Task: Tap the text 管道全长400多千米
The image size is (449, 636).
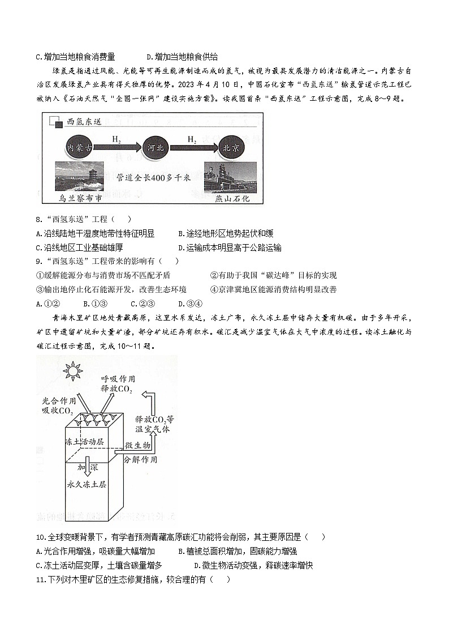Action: pos(153,178)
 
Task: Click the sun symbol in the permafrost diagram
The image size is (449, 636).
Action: pos(72,372)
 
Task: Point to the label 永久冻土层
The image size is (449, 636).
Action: pos(87,484)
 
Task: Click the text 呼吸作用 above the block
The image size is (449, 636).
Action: pos(116,378)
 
